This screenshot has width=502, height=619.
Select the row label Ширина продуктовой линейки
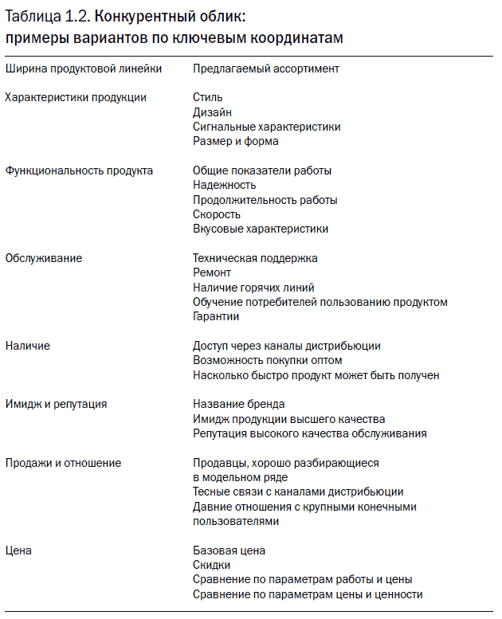(x=84, y=69)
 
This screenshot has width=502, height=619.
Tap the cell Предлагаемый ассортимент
(x=266, y=69)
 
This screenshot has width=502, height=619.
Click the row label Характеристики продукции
(x=76, y=97)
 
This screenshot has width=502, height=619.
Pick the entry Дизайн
(x=212, y=112)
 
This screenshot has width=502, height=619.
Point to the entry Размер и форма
(x=236, y=141)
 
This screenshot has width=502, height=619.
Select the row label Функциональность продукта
(x=79, y=170)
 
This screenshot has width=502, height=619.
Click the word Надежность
(x=225, y=185)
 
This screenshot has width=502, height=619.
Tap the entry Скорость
(x=217, y=214)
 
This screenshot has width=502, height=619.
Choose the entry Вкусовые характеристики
(x=261, y=229)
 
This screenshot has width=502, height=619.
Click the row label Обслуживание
(x=44, y=258)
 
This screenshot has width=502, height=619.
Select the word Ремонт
(x=212, y=272)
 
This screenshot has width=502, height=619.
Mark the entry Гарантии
(x=216, y=316)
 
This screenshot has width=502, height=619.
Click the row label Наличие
(x=28, y=346)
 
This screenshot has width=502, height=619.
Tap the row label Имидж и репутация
(x=56, y=404)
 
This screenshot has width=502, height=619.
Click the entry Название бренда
(x=239, y=404)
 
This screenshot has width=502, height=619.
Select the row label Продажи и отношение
(x=63, y=463)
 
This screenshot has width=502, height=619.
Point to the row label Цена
(x=18, y=550)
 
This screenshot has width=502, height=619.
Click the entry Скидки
(x=212, y=565)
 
